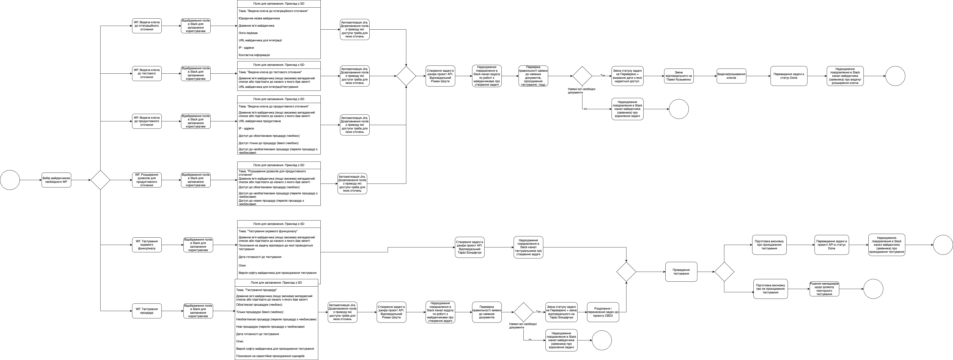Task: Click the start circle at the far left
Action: (x=10, y=180)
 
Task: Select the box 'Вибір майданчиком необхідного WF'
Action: (x=56, y=180)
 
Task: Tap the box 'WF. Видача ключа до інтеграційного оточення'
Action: (x=147, y=26)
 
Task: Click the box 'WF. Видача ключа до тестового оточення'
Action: (x=147, y=74)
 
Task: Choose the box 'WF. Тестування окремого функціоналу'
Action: (x=147, y=245)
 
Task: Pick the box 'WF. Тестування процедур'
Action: (x=147, y=311)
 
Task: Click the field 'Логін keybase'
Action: (x=248, y=33)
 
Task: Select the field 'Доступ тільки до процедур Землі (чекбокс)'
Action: (x=269, y=143)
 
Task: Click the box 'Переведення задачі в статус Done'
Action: (x=789, y=76)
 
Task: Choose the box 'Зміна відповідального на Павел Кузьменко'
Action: (x=679, y=76)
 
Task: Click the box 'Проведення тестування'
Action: (x=681, y=272)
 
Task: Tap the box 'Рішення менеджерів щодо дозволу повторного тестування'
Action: (x=824, y=289)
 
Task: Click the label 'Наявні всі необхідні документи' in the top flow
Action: (x=582, y=91)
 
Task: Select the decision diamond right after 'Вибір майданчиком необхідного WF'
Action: (x=101, y=180)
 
